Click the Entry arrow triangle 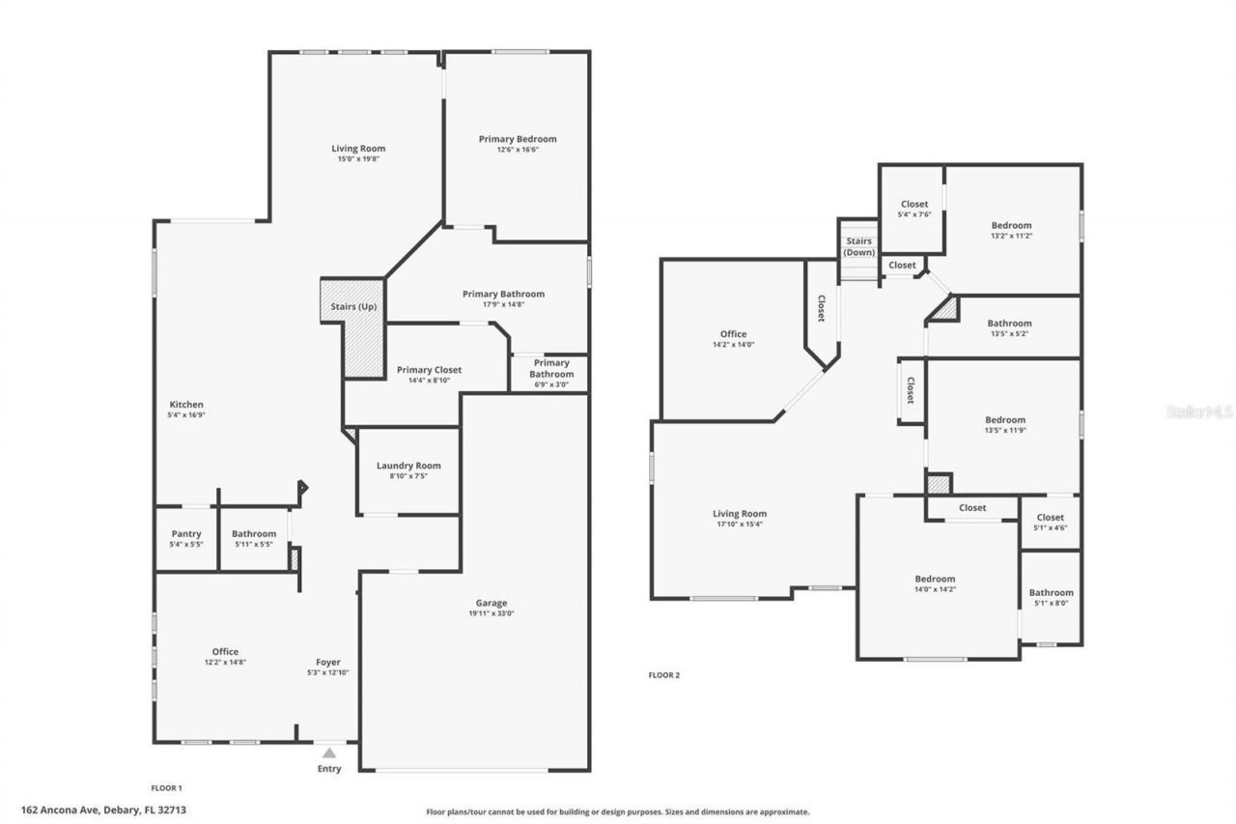[329, 753]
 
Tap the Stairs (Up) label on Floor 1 [354, 307]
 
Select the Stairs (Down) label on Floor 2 [858, 246]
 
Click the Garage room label [491, 603]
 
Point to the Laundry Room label [408, 466]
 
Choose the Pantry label [186, 533]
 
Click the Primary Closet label [429, 370]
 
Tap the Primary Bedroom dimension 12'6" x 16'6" [518, 150]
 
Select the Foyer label [328, 663]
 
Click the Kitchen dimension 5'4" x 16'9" [187, 414]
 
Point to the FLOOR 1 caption [166, 787]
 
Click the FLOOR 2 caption [663, 675]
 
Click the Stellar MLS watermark [1199, 412]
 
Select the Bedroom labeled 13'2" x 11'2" [1011, 225]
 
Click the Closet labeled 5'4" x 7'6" [914, 204]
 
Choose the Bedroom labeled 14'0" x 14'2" [935, 579]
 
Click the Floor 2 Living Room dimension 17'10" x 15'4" [740, 525]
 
